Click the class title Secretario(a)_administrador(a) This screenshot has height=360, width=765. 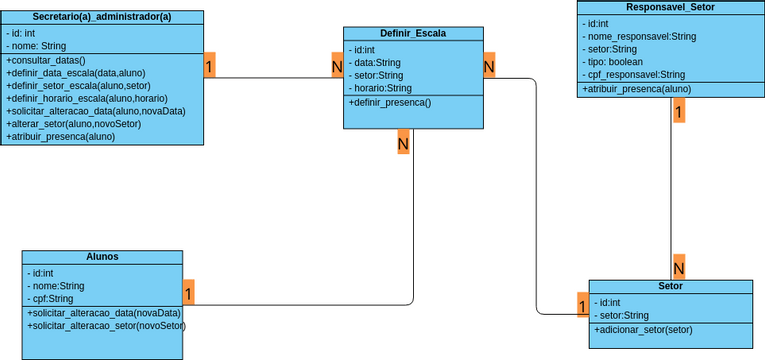102,16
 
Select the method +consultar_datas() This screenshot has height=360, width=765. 47,60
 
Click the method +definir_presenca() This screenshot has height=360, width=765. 390,102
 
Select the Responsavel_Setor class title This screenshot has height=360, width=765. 670,7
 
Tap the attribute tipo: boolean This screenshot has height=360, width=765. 615,61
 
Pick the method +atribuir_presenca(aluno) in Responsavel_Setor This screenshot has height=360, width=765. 636,88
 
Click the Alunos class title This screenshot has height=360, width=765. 102,257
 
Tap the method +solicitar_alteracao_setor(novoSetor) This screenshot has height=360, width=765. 106,325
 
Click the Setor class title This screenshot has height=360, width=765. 671,286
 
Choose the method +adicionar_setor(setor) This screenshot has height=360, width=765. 643,329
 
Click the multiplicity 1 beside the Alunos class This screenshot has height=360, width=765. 188,293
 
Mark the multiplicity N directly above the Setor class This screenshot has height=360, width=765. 678,267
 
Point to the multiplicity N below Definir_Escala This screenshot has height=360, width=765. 403,143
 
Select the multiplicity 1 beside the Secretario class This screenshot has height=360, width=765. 209,66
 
